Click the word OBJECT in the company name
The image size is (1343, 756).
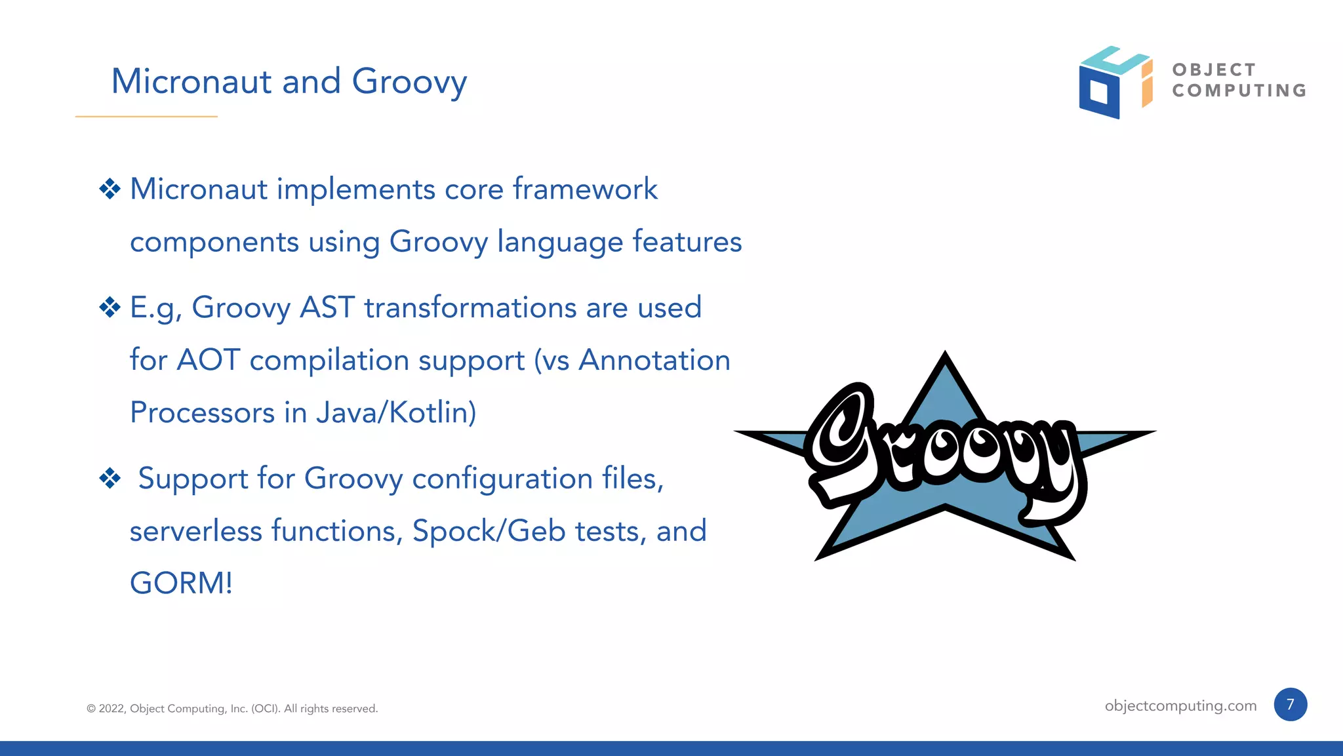click(1214, 70)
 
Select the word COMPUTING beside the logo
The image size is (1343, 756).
click(1239, 90)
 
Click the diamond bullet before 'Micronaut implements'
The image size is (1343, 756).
click(110, 189)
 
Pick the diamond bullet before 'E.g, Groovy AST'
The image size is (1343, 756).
click(110, 308)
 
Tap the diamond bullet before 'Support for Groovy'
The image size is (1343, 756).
click(110, 478)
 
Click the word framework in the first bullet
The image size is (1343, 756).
click(585, 189)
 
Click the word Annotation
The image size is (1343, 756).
click(654, 360)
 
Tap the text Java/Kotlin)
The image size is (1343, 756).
click(396, 412)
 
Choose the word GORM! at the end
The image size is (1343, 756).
click(181, 583)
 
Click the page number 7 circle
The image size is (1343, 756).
click(1290, 705)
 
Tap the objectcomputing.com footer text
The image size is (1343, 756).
click(1180, 706)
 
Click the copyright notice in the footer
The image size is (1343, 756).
click(232, 709)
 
